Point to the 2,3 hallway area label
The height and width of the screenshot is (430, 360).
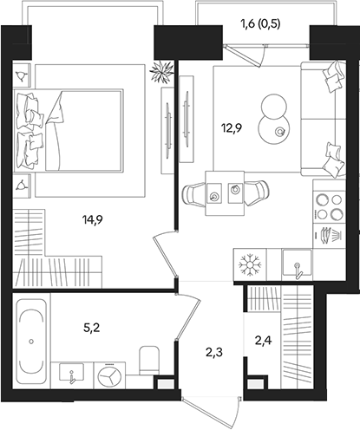(x=213, y=351)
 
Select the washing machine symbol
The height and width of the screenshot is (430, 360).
(x=109, y=375)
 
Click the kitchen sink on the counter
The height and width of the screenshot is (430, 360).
(x=296, y=263)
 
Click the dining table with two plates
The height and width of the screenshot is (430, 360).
(x=225, y=192)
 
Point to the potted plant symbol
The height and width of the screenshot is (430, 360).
(x=160, y=72)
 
